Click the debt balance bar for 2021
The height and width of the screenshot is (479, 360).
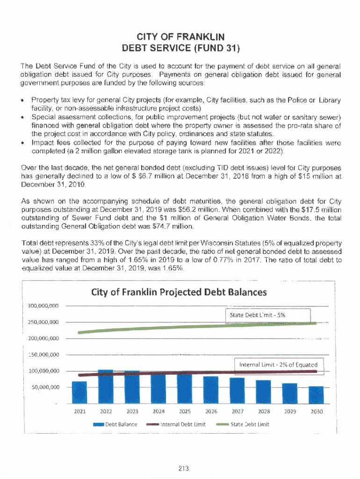coord(79,392)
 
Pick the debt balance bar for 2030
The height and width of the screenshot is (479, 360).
coord(316,395)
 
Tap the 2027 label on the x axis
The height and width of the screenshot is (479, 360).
coord(238,412)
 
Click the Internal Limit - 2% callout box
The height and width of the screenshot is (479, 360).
coord(278,364)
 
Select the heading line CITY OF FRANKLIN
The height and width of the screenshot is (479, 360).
coord(180,36)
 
